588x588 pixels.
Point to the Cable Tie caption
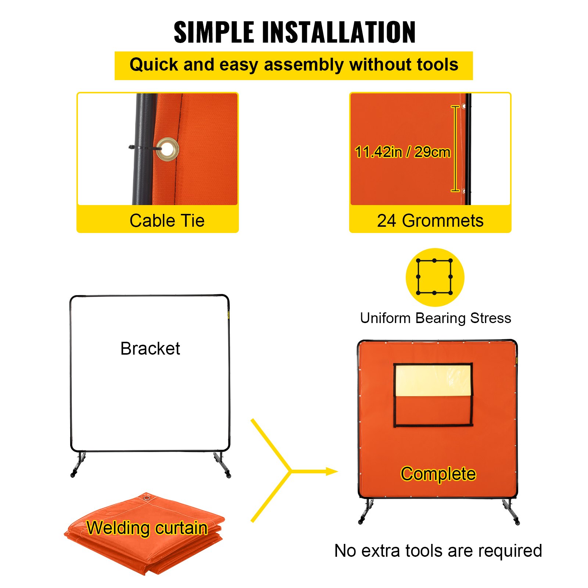[167, 220]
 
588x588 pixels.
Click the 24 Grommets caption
[430, 220]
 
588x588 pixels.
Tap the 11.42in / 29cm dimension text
[402, 152]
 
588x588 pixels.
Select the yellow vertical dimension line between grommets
[455, 148]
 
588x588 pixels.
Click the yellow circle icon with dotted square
[435, 277]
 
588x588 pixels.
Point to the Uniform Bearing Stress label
[435, 318]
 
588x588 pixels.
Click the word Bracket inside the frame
[150, 348]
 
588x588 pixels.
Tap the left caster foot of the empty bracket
[78, 465]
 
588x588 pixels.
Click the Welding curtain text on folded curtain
[147, 528]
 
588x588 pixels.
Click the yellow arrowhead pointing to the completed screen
[331, 471]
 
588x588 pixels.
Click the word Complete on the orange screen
[438, 474]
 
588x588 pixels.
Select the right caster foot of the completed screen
[511, 512]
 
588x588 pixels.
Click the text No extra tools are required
[438, 551]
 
